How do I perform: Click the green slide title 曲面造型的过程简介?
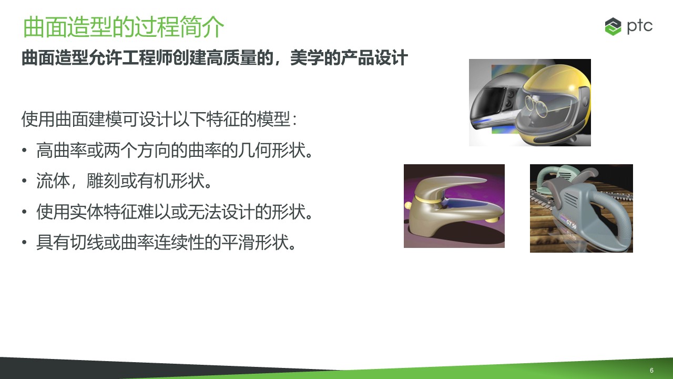point(124,27)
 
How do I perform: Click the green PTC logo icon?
point(613,26)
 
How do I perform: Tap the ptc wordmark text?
point(640,26)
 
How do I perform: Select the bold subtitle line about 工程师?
point(215,58)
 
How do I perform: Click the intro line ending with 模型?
point(159,119)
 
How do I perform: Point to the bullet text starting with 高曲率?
point(174,151)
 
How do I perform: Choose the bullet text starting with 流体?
point(124,181)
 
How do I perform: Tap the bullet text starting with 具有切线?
point(166,242)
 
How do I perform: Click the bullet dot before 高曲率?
point(24,150)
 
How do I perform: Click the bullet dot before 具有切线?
point(24,242)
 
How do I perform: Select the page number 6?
point(651,370)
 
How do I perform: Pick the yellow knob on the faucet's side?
point(407,206)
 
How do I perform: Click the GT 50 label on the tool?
point(571,224)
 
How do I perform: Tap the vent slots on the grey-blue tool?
point(570,200)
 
